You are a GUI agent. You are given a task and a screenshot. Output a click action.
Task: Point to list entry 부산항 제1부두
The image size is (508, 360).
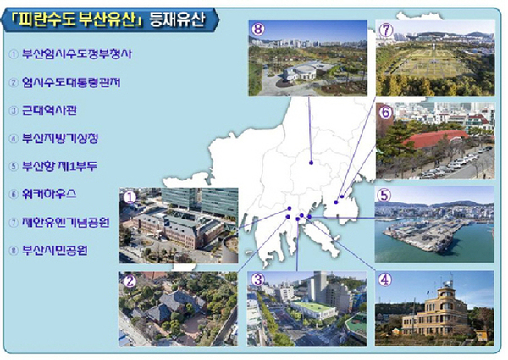[71, 165]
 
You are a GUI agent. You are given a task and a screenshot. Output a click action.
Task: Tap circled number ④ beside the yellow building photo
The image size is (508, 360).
[384, 277]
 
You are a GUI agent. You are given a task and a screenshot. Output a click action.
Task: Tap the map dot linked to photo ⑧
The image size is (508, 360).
[312, 162]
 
